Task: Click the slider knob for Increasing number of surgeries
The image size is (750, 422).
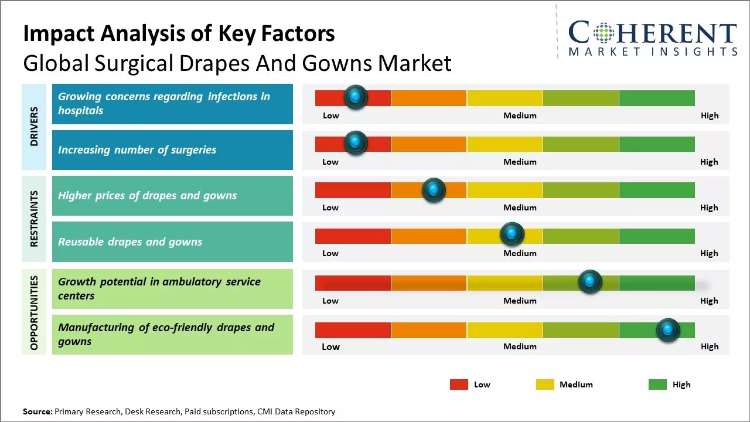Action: tap(355, 143)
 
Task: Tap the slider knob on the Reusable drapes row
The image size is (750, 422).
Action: tap(512, 234)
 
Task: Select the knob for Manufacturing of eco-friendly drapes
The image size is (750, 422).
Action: tap(667, 330)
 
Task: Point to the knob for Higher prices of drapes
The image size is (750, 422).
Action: tap(434, 190)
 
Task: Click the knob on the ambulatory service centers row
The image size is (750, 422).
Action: tap(590, 282)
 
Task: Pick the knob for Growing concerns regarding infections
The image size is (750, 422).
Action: tap(355, 97)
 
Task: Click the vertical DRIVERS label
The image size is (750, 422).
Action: tap(34, 127)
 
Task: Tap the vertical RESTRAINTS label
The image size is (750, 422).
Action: tap(34, 219)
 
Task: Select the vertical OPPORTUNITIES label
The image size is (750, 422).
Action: tap(34, 312)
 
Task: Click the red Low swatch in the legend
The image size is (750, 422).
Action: tap(459, 384)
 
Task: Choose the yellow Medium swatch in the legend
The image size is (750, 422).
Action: tap(545, 384)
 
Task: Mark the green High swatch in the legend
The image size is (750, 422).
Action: tap(657, 384)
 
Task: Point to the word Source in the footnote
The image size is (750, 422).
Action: tap(37, 411)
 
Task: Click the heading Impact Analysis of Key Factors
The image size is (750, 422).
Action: tap(179, 34)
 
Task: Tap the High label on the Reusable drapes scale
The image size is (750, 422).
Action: tap(709, 253)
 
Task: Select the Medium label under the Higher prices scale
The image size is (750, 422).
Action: tap(520, 207)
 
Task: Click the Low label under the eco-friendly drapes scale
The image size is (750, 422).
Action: tap(330, 346)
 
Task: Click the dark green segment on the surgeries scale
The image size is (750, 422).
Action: tap(656, 144)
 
